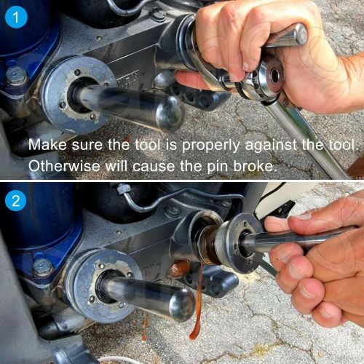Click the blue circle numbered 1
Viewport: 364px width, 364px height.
click(x=16, y=17)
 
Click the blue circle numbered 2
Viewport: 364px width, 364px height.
click(x=16, y=201)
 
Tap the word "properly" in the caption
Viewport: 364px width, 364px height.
click(x=210, y=146)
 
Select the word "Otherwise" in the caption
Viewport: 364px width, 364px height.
click(x=64, y=166)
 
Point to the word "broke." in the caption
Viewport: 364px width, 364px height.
click(x=256, y=166)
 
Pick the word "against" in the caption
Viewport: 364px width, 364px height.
click(x=272, y=146)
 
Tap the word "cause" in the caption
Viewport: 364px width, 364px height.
click(x=154, y=167)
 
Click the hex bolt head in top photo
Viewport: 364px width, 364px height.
click(x=16, y=76)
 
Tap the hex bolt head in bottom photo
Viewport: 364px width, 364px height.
click(x=43, y=267)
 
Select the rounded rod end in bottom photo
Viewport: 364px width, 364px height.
click(x=183, y=305)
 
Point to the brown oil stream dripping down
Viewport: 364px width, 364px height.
click(x=197, y=304)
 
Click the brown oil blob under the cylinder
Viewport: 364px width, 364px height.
click(x=179, y=269)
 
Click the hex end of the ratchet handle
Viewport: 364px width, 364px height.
click(x=300, y=34)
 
